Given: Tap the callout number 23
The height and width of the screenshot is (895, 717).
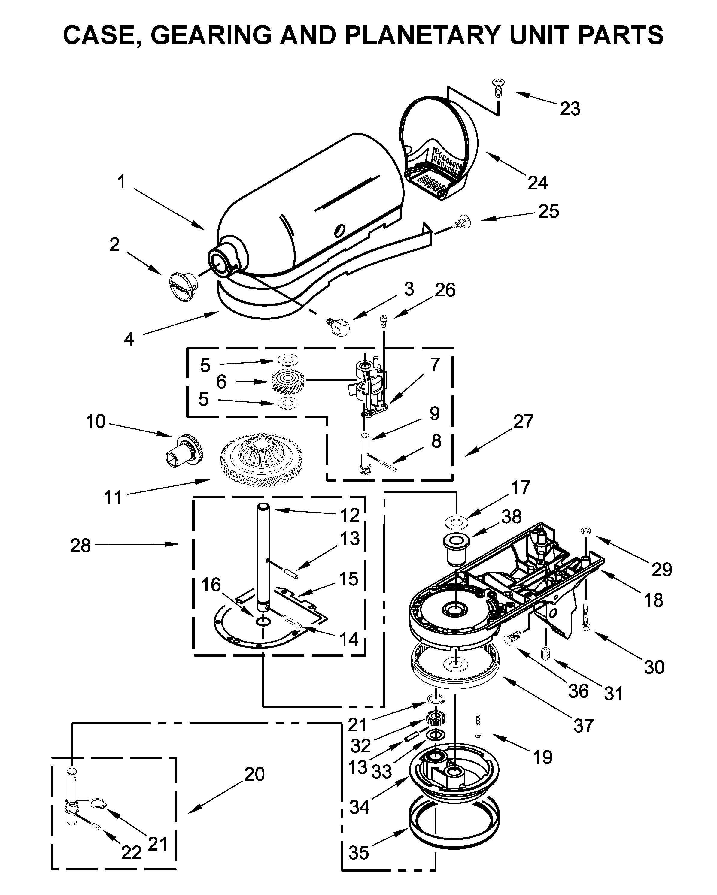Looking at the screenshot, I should click(x=570, y=109).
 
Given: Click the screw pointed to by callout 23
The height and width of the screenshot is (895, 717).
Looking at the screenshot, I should click(x=497, y=87).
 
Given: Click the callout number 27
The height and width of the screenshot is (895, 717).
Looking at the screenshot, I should click(x=523, y=422).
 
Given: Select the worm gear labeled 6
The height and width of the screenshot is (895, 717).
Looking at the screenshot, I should click(x=287, y=381).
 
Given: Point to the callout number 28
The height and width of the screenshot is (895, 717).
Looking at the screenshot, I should click(x=80, y=546).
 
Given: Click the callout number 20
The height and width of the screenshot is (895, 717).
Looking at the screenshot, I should click(x=254, y=774).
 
